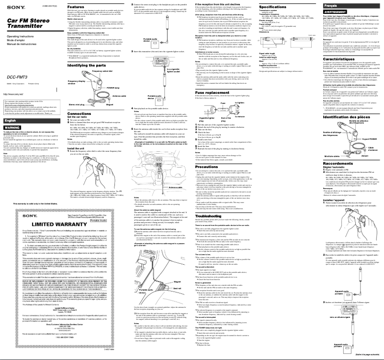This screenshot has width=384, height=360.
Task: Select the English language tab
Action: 11,121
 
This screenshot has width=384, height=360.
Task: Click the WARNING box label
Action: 11,128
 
